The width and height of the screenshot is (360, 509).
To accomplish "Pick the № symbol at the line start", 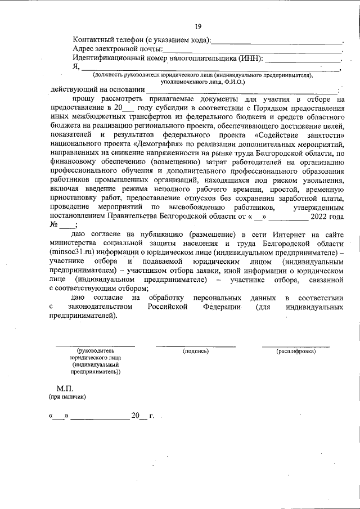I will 55,224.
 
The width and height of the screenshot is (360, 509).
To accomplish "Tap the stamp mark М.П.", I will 64,389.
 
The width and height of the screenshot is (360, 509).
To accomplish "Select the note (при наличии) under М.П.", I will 67,397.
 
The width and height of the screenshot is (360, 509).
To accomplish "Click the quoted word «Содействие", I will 278,135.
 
